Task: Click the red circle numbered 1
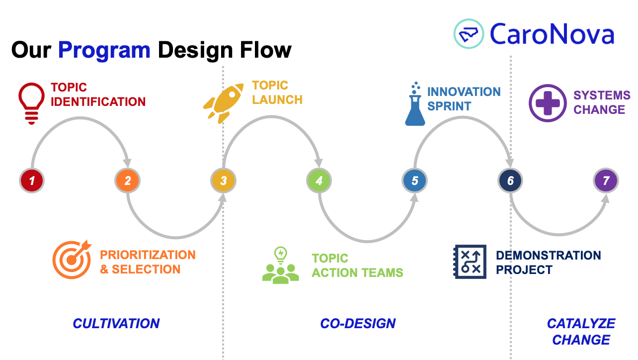32,180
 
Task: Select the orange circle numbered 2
127,180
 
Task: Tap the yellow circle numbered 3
223,180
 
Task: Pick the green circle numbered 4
319,180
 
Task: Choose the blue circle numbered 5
415,180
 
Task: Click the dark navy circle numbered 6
510,180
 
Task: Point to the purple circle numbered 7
606,180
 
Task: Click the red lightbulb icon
32,103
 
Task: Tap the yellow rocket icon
223,103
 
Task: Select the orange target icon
72,260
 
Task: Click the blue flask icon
415,104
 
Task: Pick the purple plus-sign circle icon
548,103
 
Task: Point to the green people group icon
281,265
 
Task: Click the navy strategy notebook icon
470,262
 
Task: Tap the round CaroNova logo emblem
469,34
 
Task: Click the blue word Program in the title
104,50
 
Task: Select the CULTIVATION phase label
116,324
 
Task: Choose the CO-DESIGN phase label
358,324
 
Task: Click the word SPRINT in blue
449,106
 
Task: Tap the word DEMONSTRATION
549,256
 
